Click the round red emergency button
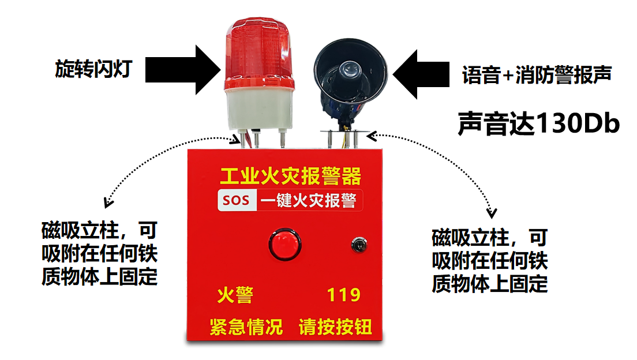tap(285, 245)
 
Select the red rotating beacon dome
tap(258, 54)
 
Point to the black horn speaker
tap(350, 79)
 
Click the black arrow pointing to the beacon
tap(183, 69)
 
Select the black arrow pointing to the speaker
tap(421, 74)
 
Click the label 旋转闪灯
tap(94, 69)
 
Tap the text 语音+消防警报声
tap(537, 75)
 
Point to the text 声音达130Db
tap(539, 123)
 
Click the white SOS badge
tap(237, 200)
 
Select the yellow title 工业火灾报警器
tap(291, 176)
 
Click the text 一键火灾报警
tap(309, 200)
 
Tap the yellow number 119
tap(344, 295)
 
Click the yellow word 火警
tap(235, 295)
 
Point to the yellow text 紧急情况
tap(246, 327)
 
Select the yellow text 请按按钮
tap(336, 327)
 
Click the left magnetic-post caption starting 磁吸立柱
tap(99, 253)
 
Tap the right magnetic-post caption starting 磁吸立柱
tap(489, 261)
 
